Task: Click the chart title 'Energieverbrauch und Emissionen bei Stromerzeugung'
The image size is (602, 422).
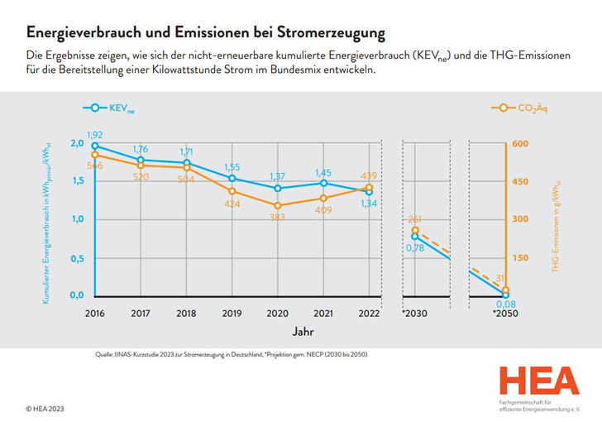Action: click(205, 33)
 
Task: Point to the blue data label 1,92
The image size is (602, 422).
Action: click(95, 134)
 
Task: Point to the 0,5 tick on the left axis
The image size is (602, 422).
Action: click(75, 258)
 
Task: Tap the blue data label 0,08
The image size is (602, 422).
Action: click(504, 304)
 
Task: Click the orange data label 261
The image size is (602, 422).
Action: click(415, 219)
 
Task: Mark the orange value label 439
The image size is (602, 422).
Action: click(369, 175)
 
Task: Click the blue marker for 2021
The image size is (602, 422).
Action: click(324, 183)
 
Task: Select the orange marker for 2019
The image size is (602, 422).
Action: click(232, 191)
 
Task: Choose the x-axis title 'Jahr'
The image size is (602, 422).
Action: click(303, 330)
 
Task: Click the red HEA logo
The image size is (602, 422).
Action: click(538, 381)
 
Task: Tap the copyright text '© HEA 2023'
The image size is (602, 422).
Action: click(45, 409)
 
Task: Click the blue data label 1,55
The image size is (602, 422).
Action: click(232, 167)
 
